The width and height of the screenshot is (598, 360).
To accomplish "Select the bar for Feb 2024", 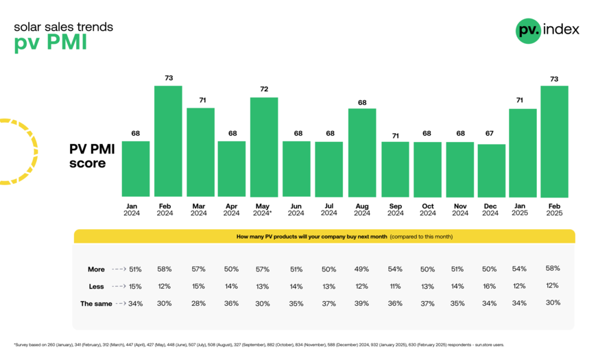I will pyautogui.click(x=168, y=141).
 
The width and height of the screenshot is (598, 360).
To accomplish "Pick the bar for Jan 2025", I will pyautogui.click(x=523, y=152).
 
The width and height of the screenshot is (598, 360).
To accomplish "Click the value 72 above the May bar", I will pyautogui.click(x=264, y=90).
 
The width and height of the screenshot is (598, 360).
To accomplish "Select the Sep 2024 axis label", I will pyautogui.click(x=394, y=208).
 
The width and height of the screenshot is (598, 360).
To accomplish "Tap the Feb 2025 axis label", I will pyautogui.click(x=554, y=208).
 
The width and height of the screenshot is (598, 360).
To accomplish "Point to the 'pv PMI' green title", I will pyautogui.click(x=51, y=44).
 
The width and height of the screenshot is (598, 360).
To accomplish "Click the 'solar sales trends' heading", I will pyautogui.click(x=64, y=27).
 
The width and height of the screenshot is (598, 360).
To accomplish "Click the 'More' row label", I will pyautogui.click(x=96, y=269).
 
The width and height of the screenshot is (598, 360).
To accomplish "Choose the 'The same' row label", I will pyautogui.click(x=96, y=303).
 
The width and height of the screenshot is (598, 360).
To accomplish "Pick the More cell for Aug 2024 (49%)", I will pyautogui.click(x=361, y=269).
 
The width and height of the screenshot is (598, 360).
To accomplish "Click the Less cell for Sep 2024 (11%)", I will pyautogui.click(x=394, y=286).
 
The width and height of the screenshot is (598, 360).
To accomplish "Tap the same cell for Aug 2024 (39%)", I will pyautogui.click(x=361, y=303).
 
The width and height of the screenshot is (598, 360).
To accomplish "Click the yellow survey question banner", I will pyautogui.click(x=324, y=237).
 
